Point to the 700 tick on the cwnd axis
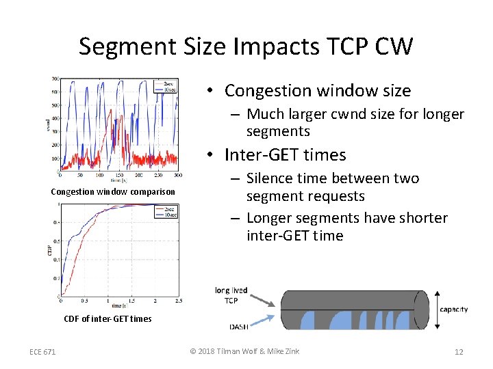[54, 79]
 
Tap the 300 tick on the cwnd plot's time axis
[178, 176]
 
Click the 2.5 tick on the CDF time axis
[178, 301]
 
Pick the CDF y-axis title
[49, 251]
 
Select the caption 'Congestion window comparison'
[113, 191]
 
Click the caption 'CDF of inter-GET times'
[108, 318]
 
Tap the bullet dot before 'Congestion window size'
[213, 92]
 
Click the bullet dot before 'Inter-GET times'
[213, 156]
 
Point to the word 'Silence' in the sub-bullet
[270, 178]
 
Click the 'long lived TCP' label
[231, 295]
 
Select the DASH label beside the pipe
[239, 326]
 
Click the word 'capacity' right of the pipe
[453, 309]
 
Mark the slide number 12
[459, 352]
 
